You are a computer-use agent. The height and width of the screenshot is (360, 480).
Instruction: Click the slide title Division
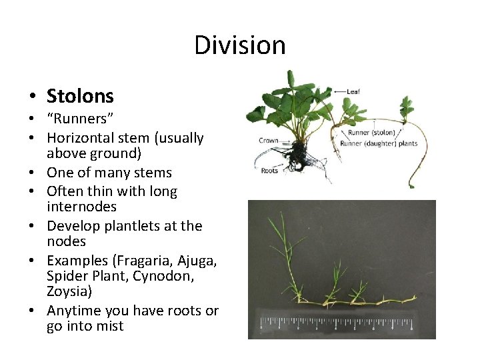tap(240, 45)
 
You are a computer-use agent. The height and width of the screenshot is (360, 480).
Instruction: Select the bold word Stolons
tap(80, 96)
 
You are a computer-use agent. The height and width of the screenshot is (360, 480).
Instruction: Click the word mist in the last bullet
tap(110, 327)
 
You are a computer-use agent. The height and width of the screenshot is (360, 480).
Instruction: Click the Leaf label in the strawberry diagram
tap(353, 91)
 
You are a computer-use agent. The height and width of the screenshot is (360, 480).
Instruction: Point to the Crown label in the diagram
tap(268, 141)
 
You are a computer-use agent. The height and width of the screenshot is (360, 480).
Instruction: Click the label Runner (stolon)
tap(367, 132)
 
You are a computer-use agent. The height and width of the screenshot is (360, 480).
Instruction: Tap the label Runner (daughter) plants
tap(379, 143)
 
